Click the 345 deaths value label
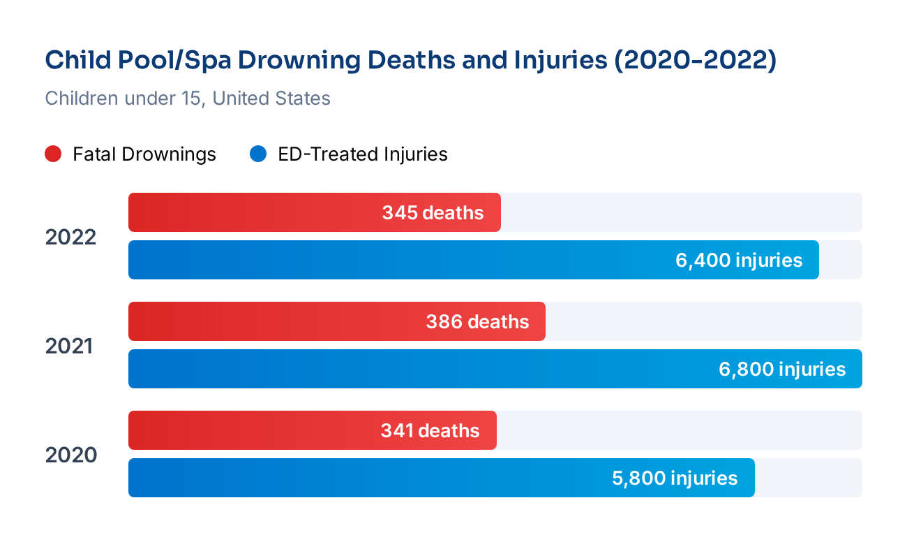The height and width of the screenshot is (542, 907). coord(433,213)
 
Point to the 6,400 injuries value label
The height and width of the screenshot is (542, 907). coord(739,261)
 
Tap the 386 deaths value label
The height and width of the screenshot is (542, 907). coord(477,322)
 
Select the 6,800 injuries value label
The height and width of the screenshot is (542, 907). coord(782,369)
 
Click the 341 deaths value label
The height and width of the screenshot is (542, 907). coord(430,431)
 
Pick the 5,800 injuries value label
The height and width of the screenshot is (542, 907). coord(675,478)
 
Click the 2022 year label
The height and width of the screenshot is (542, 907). coord(70,237)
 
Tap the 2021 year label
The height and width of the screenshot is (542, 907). coord(69,346)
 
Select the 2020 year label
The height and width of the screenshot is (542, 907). coord(70,455)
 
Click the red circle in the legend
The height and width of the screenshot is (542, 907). coord(54,154)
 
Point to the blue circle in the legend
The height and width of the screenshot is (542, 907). coord(258,154)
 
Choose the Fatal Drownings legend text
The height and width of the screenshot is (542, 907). coord(144,154)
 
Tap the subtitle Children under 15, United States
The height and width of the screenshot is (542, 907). coord(188,98)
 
